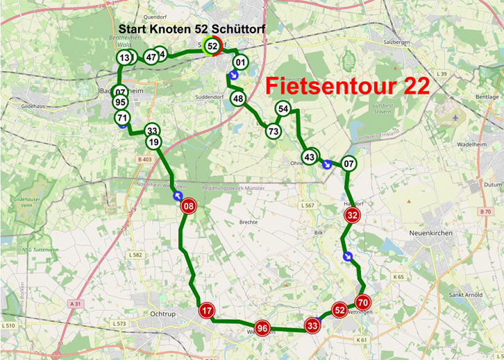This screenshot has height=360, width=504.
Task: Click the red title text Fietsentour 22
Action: pos(348,86)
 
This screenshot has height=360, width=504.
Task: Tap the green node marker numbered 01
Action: pos(240,63)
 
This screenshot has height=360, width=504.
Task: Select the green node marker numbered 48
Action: pos(238,98)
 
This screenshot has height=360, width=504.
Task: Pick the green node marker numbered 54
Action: pos(283,109)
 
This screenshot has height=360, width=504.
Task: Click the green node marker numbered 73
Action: pos(274,130)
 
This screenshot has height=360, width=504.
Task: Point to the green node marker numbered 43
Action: pos(310,157)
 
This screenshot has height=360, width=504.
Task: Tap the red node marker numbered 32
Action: pos(353,216)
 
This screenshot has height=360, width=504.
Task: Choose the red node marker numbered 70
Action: pos(362,302)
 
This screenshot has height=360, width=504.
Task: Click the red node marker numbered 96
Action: pos(262,328)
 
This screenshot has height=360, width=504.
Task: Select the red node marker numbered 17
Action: pos(206,310)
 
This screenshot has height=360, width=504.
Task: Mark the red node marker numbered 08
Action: pos(188,206)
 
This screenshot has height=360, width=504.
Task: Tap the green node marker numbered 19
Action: pos(153,142)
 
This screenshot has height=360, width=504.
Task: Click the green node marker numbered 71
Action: pos(123,117)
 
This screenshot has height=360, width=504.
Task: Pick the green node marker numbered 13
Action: pos(124,58)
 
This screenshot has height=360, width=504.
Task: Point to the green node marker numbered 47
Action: pos(151,57)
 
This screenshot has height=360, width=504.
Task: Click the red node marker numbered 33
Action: pos(312,324)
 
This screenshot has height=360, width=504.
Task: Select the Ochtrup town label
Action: pos(164,314)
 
